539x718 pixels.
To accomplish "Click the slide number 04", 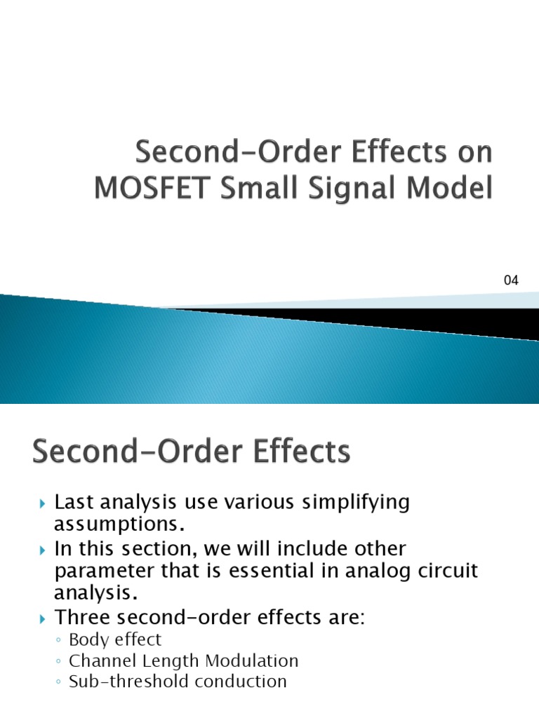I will tap(510, 281).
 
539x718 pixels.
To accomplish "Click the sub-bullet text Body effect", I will tap(115, 639).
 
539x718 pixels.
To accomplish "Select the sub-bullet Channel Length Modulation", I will tap(184, 661).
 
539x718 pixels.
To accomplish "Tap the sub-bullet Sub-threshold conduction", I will tap(178, 682).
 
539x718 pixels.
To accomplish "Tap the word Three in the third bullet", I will tap(82, 618).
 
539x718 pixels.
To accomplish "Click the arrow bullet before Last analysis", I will tap(41, 503).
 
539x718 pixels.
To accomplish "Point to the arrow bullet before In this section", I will tap(41, 549).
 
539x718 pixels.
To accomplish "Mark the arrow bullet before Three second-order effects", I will tap(41, 618).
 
